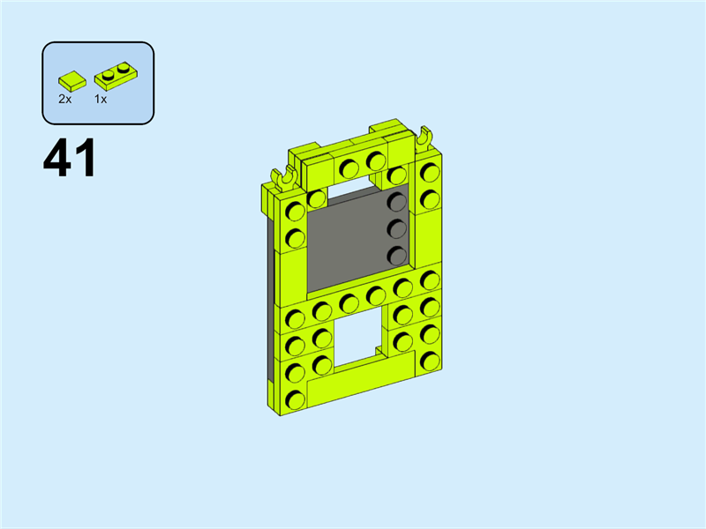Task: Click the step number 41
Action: (x=70, y=158)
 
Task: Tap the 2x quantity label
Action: (x=64, y=99)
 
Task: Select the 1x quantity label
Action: (x=101, y=99)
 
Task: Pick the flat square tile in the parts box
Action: (x=72, y=80)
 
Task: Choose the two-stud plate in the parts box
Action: (x=116, y=76)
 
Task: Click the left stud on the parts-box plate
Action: (x=108, y=75)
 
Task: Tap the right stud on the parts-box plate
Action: (x=123, y=69)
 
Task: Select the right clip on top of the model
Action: (x=424, y=138)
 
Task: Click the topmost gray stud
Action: (x=397, y=202)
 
